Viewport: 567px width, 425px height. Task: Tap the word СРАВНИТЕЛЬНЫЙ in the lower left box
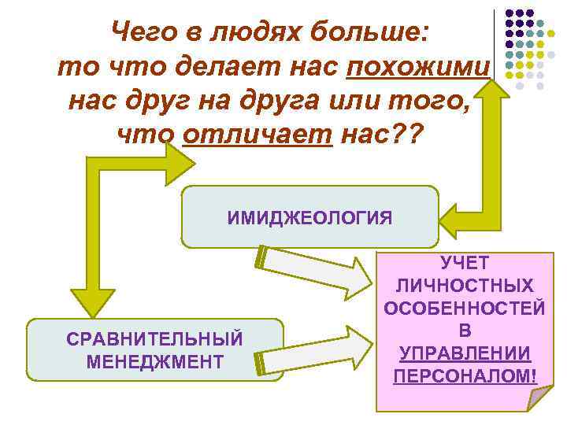pyautogui.click(x=155, y=339)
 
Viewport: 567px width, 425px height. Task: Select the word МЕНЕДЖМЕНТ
pyautogui.click(x=155, y=362)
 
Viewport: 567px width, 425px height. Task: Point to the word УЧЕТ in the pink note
pyautogui.click(x=465, y=262)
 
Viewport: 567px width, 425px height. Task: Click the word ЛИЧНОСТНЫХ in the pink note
pyautogui.click(x=465, y=285)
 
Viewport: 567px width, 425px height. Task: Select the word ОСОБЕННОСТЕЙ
pyautogui.click(x=465, y=308)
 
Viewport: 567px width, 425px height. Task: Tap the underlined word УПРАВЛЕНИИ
pyautogui.click(x=465, y=353)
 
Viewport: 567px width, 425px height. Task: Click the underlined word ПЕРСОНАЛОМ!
pyautogui.click(x=465, y=375)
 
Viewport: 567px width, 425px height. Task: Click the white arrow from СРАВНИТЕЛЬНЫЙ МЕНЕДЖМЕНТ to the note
pyautogui.click(x=315, y=351)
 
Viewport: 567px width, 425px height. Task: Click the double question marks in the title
pyautogui.click(x=406, y=135)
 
